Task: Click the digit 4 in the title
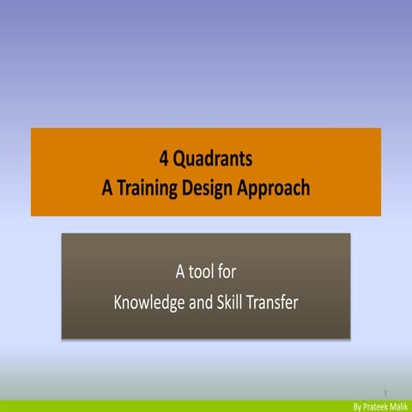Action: point(164,159)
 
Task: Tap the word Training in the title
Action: point(149,188)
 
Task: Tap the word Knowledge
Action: point(150,303)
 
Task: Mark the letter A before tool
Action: point(181,273)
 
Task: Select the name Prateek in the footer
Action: point(375,405)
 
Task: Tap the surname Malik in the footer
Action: point(399,405)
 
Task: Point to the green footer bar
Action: point(172,405)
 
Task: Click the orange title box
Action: point(69,172)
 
